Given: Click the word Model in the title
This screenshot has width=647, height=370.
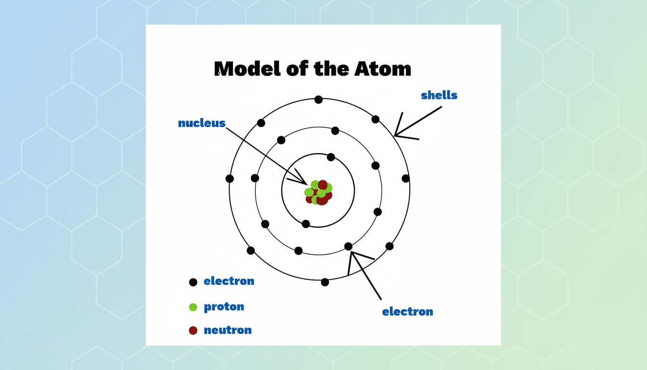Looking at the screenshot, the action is tap(247, 69).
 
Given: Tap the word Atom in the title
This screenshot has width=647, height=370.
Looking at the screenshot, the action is tap(383, 69).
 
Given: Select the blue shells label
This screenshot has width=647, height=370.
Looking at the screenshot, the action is tap(439, 95).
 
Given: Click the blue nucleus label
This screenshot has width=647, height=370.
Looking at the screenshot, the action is tap(202, 123).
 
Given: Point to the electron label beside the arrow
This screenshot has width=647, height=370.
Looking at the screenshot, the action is tap(408, 312).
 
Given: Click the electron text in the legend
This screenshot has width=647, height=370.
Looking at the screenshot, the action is tap(229, 281).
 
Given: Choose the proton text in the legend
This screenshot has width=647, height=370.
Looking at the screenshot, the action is tap(224, 307).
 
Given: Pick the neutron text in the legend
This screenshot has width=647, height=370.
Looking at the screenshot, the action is tap(228, 330).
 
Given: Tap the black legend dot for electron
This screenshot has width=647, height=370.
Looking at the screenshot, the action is tap(193, 282).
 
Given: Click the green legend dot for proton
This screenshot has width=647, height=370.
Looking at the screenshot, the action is tap(193, 307).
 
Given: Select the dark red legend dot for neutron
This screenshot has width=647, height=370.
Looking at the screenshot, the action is tap(193, 330).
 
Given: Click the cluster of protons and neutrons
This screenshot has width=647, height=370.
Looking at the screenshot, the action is tap(319, 193).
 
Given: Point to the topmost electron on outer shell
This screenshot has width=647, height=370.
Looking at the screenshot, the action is tap(319, 100).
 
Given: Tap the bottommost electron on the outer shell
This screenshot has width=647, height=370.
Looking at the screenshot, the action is tap(325, 282).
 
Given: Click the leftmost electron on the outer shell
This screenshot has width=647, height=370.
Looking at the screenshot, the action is tap(230, 179).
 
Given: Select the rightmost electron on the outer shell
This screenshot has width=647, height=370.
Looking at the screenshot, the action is tap(405, 179).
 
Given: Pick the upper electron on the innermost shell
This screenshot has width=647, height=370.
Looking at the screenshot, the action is tap(331, 157).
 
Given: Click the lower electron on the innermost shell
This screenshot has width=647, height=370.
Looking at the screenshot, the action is tap(306, 224).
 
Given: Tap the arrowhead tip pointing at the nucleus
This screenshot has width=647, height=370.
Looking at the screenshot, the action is tap(307, 184).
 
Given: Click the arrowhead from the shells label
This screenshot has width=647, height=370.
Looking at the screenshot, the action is tap(395, 135).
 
